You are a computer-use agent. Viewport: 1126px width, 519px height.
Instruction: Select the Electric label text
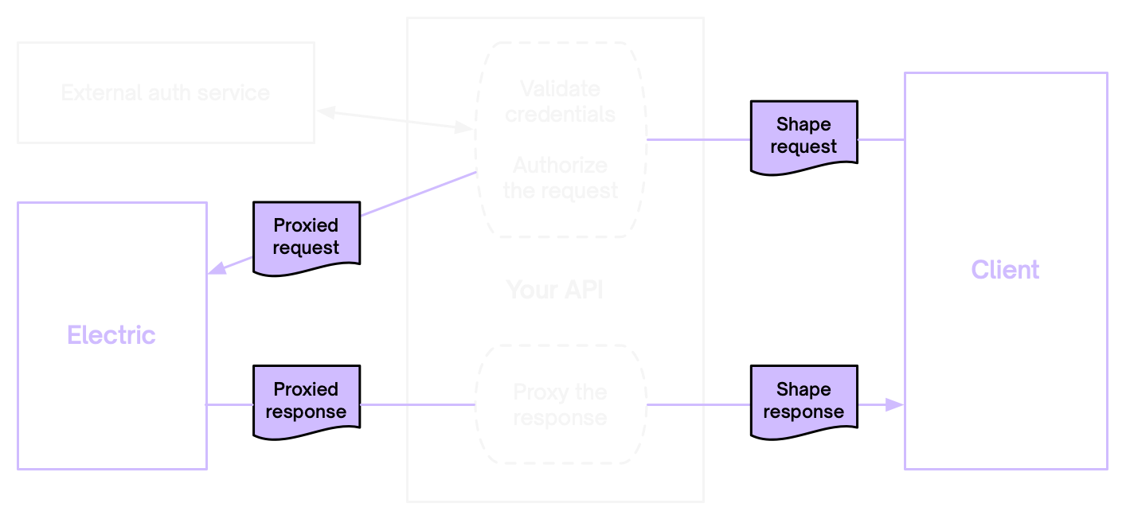coord(111,335)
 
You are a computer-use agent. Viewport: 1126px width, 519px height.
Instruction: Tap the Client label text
coord(1005,270)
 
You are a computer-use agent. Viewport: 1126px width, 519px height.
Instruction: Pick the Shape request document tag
coord(803,136)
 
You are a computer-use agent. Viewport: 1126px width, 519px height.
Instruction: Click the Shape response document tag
coord(803,401)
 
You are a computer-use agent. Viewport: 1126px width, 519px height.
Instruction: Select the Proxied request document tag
coord(306,237)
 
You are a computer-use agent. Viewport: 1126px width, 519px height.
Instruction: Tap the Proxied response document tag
coord(306,401)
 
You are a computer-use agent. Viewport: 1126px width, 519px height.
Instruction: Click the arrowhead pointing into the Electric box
coord(217,268)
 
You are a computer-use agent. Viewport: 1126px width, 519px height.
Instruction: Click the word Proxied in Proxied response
coord(306,389)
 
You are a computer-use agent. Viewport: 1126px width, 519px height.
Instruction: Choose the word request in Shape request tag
coord(803,146)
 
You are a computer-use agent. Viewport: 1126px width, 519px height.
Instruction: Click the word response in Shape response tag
coord(803,412)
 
